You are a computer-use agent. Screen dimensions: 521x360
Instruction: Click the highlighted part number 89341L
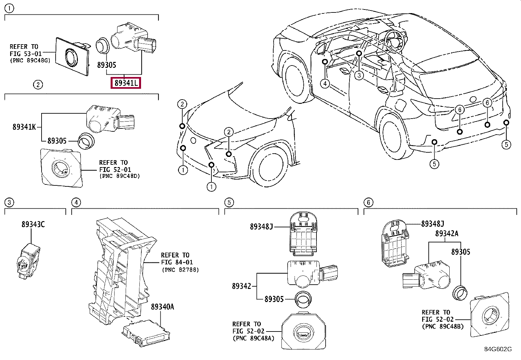pyautogui.click(x=126, y=83)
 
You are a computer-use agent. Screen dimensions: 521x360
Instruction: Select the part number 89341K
pyautogui.click(x=24, y=127)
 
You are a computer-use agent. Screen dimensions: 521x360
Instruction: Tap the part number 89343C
pyautogui.click(x=33, y=224)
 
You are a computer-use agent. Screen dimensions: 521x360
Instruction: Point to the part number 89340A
pyautogui.click(x=162, y=307)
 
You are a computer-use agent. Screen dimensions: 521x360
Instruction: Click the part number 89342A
pyautogui.click(x=447, y=233)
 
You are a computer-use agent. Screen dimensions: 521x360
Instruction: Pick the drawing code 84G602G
pyautogui.click(x=498, y=349)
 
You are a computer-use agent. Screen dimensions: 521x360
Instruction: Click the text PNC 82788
pyautogui.click(x=181, y=270)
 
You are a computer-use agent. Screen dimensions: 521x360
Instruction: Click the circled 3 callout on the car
pyautogui.click(x=359, y=75)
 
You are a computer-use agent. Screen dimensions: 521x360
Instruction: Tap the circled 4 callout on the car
pyautogui.click(x=325, y=83)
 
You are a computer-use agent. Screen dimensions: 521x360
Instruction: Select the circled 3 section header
pyautogui.click(x=9, y=202)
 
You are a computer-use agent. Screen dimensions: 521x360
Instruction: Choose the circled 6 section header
pyautogui.click(x=368, y=202)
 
